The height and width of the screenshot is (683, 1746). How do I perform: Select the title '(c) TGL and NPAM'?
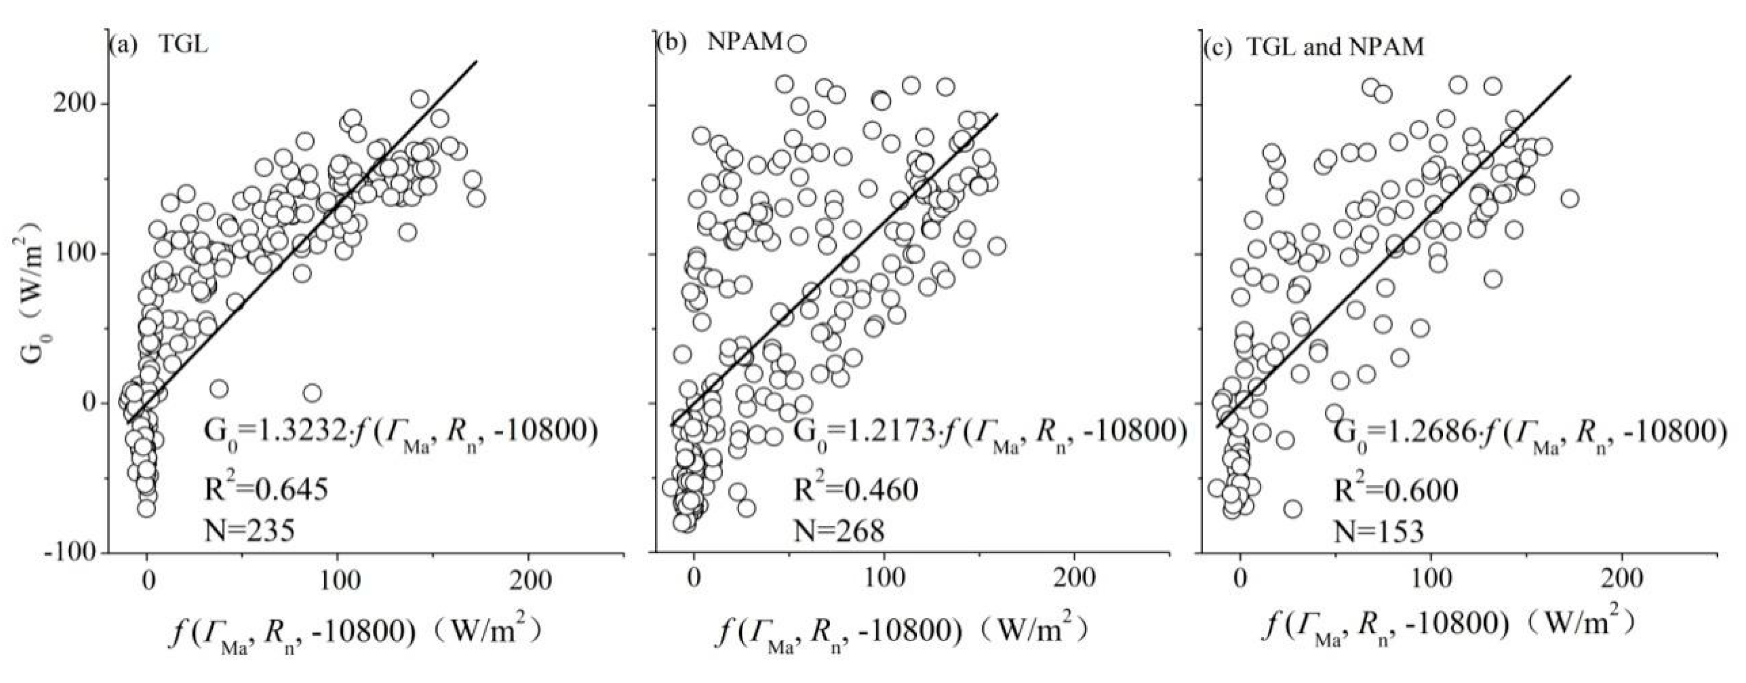1313,46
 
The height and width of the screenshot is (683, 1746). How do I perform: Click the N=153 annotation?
1379,532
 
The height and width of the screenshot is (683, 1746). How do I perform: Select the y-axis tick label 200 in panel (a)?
76,104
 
